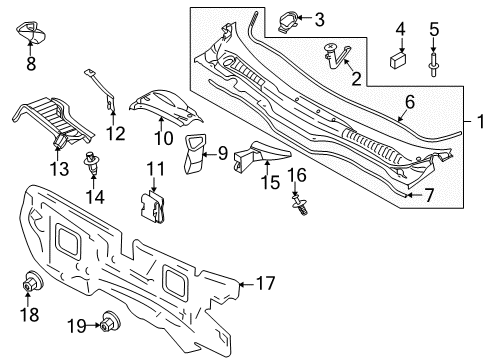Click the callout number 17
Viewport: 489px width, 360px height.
[x=266, y=283]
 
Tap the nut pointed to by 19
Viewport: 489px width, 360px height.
[x=110, y=321]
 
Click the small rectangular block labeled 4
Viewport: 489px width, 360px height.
[x=398, y=60]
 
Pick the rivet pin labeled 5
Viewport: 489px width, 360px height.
[x=433, y=64]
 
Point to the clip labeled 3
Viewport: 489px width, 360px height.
[x=287, y=22]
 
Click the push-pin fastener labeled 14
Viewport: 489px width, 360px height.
[x=91, y=163]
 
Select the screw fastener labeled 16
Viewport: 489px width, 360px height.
[x=300, y=205]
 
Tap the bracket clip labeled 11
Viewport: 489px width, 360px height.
[x=152, y=207]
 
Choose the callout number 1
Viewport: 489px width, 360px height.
[x=480, y=121]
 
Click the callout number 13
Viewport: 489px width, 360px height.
[x=60, y=169]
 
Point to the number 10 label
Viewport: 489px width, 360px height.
[x=163, y=138]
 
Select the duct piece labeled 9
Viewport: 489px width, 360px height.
[x=194, y=154]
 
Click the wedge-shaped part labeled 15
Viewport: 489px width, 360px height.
[x=262, y=154]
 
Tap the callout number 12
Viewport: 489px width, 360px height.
[x=116, y=133]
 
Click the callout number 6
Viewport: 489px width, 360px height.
[x=410, y=102]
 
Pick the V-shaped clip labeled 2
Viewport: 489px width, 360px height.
[x=337, y=56]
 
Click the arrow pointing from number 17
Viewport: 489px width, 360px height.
[x=246, y=284]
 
